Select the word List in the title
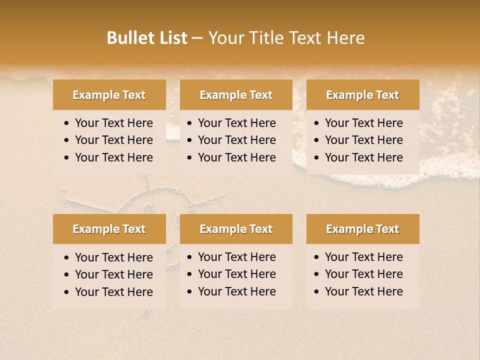171,38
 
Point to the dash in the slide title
197,38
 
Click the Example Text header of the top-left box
109,95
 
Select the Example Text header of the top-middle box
236,95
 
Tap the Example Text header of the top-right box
362,95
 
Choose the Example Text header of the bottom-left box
109,229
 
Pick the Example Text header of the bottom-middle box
236,229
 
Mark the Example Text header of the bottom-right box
362,229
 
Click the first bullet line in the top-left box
113,123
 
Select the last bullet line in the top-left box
113,157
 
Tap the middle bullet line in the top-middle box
236,140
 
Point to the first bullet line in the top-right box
363,123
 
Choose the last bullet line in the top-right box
363,157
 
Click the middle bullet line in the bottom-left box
113,274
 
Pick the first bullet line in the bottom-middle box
236,257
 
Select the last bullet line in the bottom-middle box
236,291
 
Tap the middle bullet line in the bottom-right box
363,274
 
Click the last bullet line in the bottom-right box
363,291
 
